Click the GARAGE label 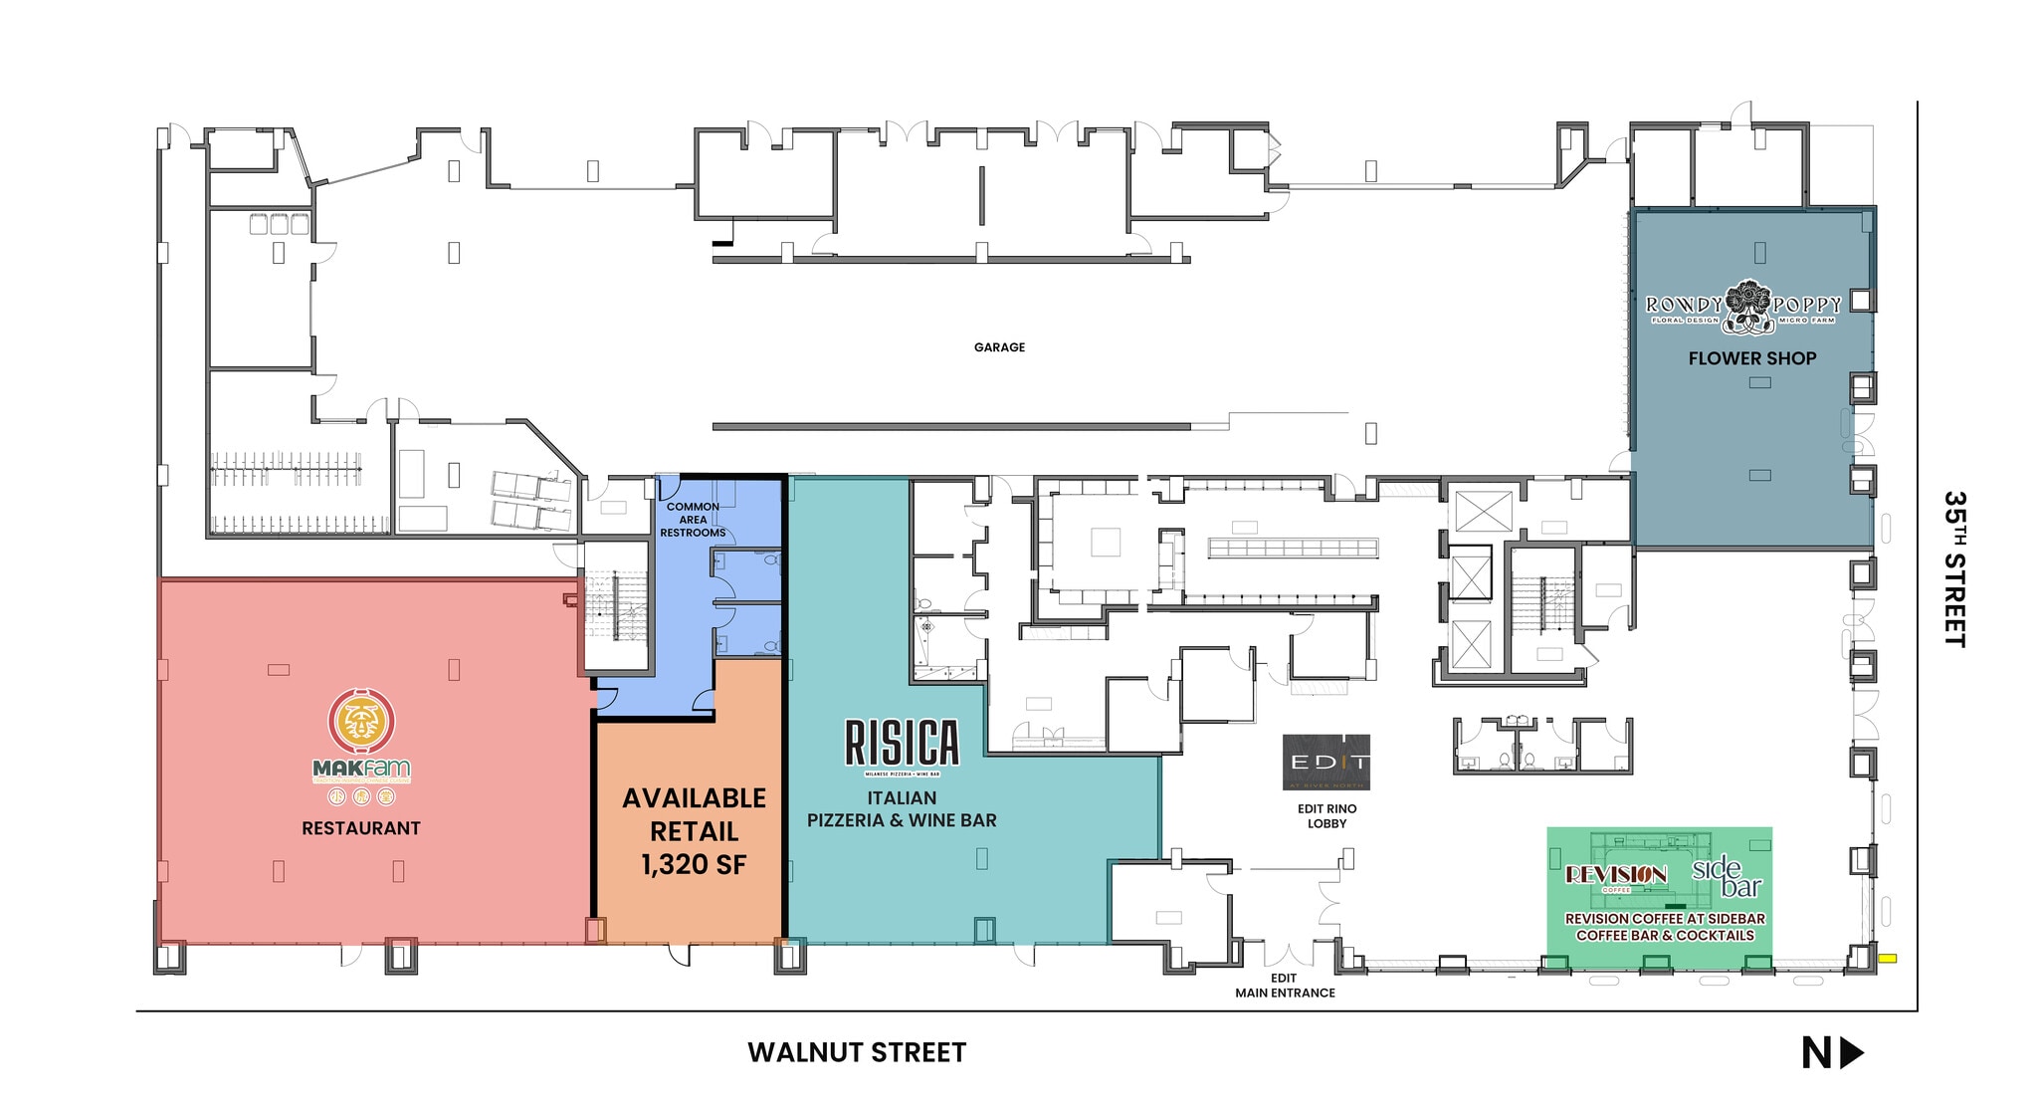point(999,347)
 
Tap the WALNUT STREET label point(857,1053)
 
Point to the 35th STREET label point(1954,568)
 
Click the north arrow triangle point(1851,1053)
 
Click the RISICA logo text point(902,743)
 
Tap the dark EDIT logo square point(1325,763)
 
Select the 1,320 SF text point(694,864)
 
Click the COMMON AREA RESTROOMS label point(693,520)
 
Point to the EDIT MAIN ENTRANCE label point(1285,986)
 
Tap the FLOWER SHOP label point(1751,358)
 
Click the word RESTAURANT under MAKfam point(361,828)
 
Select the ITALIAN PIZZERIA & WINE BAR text point(902,809)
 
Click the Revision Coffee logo point(1616,875)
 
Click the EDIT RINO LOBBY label point(1326,816)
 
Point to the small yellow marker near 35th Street point(1887,959)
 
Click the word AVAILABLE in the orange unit point(694,798)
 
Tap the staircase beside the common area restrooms point(614,607)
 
